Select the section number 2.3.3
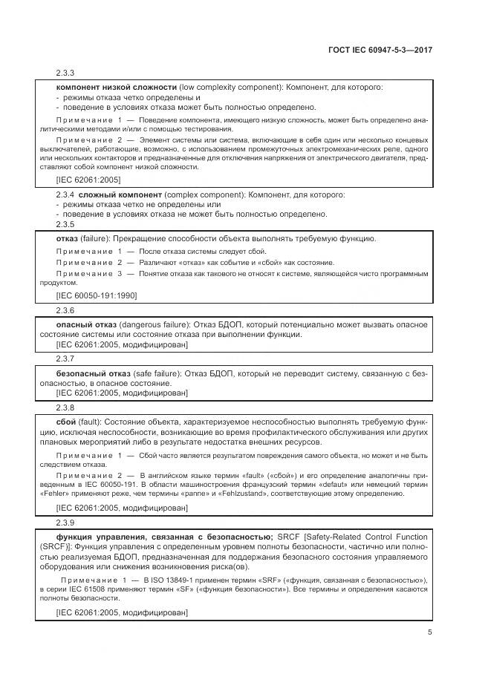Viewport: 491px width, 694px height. coord(66,73)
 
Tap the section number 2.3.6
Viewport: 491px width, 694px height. coord(66,310)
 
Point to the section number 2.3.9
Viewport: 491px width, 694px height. coord(66,523)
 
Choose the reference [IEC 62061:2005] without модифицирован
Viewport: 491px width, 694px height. coord(88,179)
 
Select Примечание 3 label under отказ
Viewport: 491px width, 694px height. coord(89,274)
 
